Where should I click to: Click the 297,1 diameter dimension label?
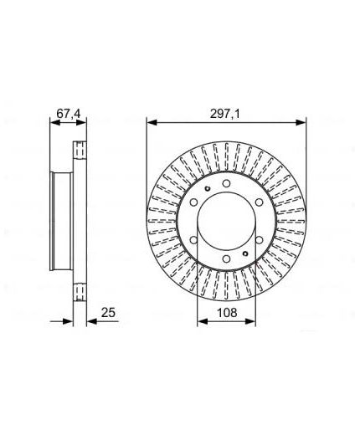[x=224, y=114]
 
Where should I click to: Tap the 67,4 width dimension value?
[x=68, y=114]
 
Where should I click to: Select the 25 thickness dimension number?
[x=108, y=313]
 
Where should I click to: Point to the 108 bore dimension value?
[x=227, y=313]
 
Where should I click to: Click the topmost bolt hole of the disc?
[x=226, y=183]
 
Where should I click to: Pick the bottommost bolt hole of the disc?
[x=226, y=258]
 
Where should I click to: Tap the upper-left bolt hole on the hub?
[x=193, y=202]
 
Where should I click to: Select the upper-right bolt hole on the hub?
[x=259, y=202]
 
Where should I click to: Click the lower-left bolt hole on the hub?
[x=193, y=240]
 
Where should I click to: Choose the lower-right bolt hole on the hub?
[x=259, y=240]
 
